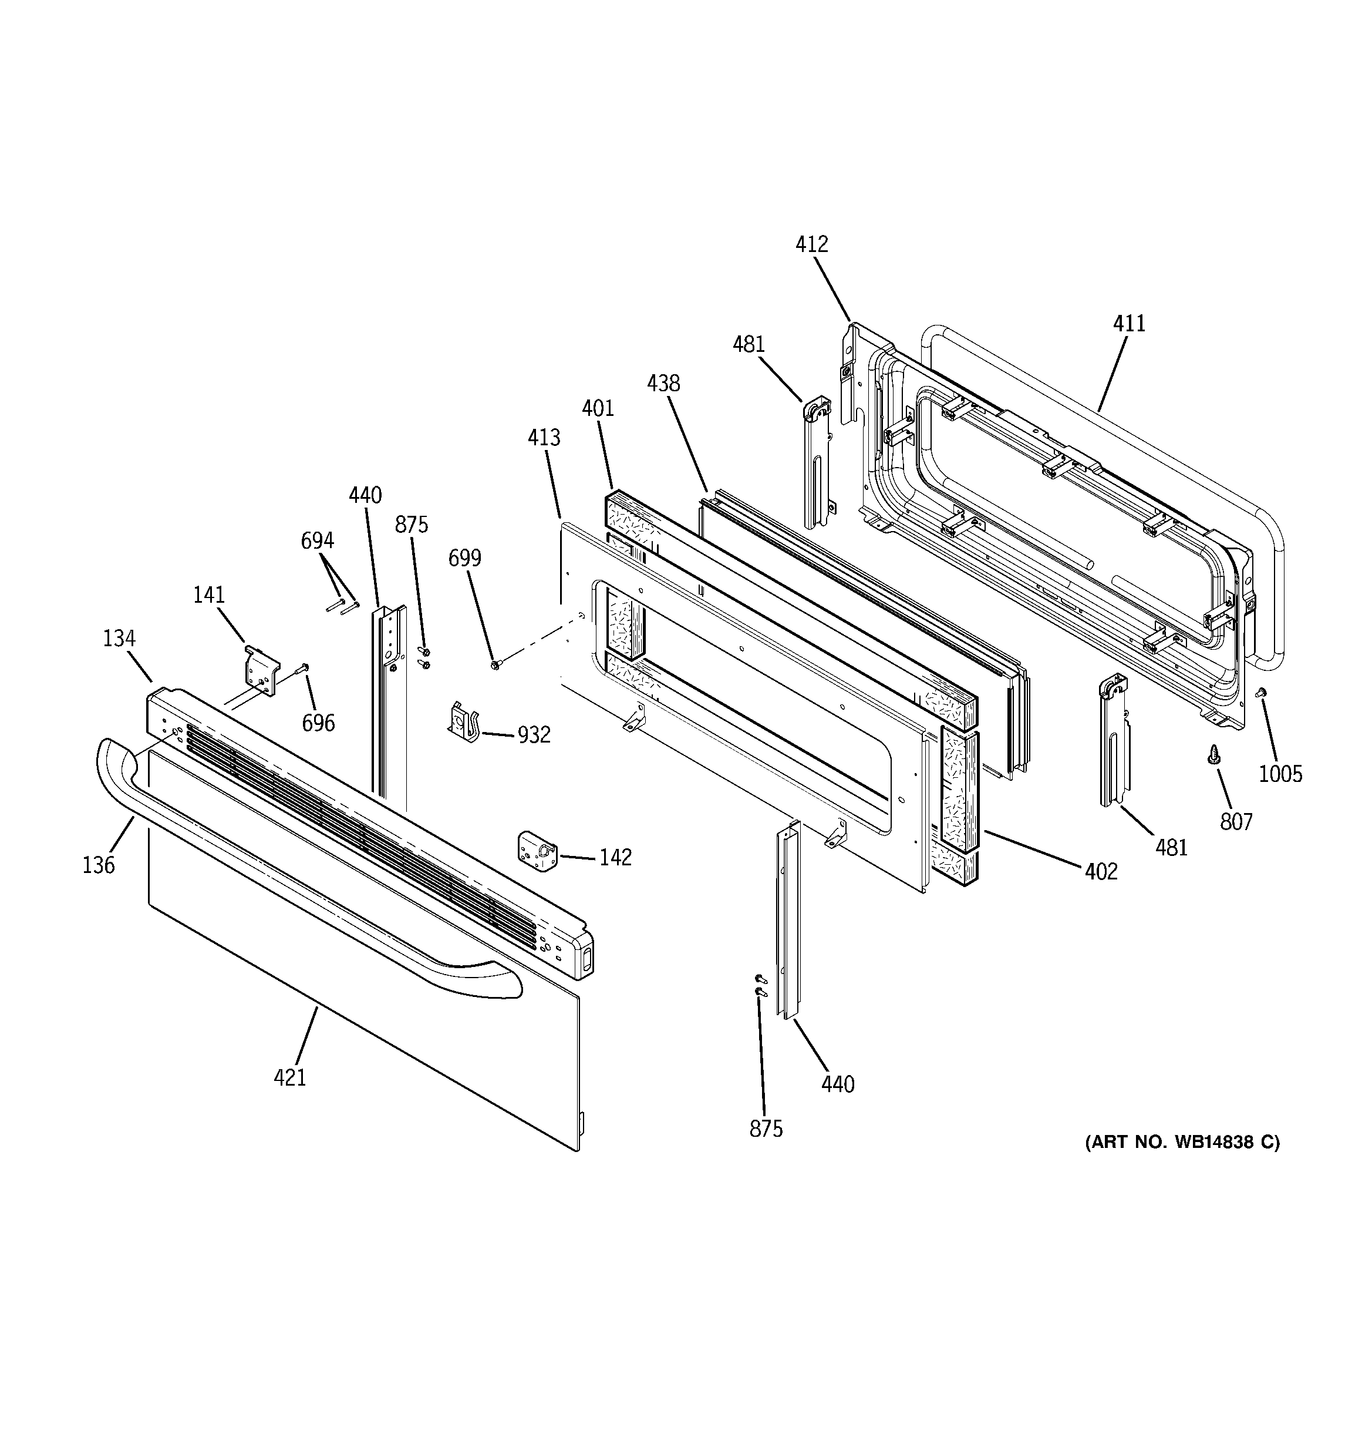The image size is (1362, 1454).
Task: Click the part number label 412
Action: pos(811,244)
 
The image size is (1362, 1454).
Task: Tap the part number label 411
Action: pos(1129,323)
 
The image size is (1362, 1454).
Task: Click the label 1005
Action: pos(1280,774)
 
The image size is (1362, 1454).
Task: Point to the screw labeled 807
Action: pos(1213,755)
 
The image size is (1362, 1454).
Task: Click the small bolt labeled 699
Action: pos(495,664)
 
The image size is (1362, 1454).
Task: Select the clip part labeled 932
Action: pos(462,722)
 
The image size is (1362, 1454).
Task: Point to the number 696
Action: pos(318,723)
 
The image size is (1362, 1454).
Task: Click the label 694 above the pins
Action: pos(317,540)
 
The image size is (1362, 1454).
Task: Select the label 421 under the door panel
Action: pos(289,1077)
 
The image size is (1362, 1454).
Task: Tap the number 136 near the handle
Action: pos(99,865)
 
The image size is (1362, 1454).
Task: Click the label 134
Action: pos(119,639)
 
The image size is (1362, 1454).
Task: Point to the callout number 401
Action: pos(597,408)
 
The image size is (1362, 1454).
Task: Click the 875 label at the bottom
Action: pos(766,1129)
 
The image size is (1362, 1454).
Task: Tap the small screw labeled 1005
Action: pos(1260,692)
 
